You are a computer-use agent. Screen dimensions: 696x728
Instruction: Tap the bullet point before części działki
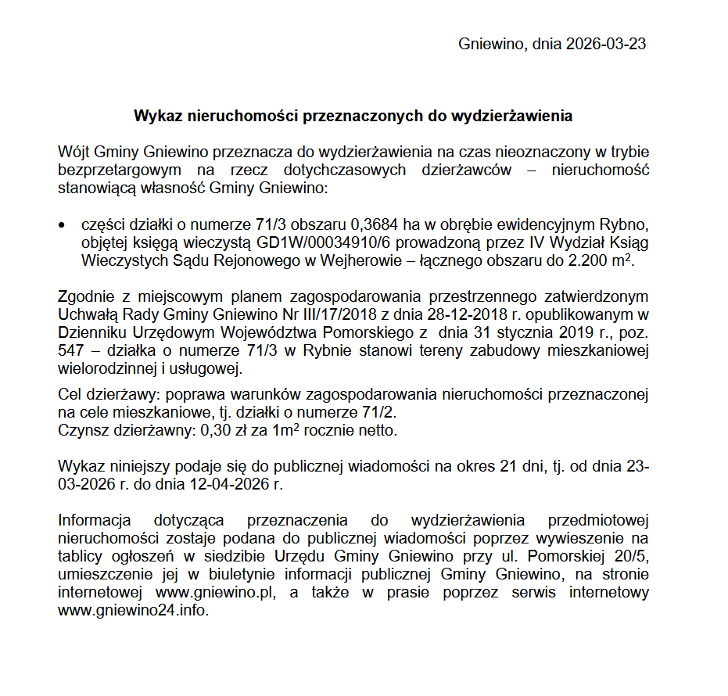click(x=63, y=224)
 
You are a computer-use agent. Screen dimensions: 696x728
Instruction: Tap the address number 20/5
click(x=630, y=557)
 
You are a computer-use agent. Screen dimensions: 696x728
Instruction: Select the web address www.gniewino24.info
click(x=133, y=611)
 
